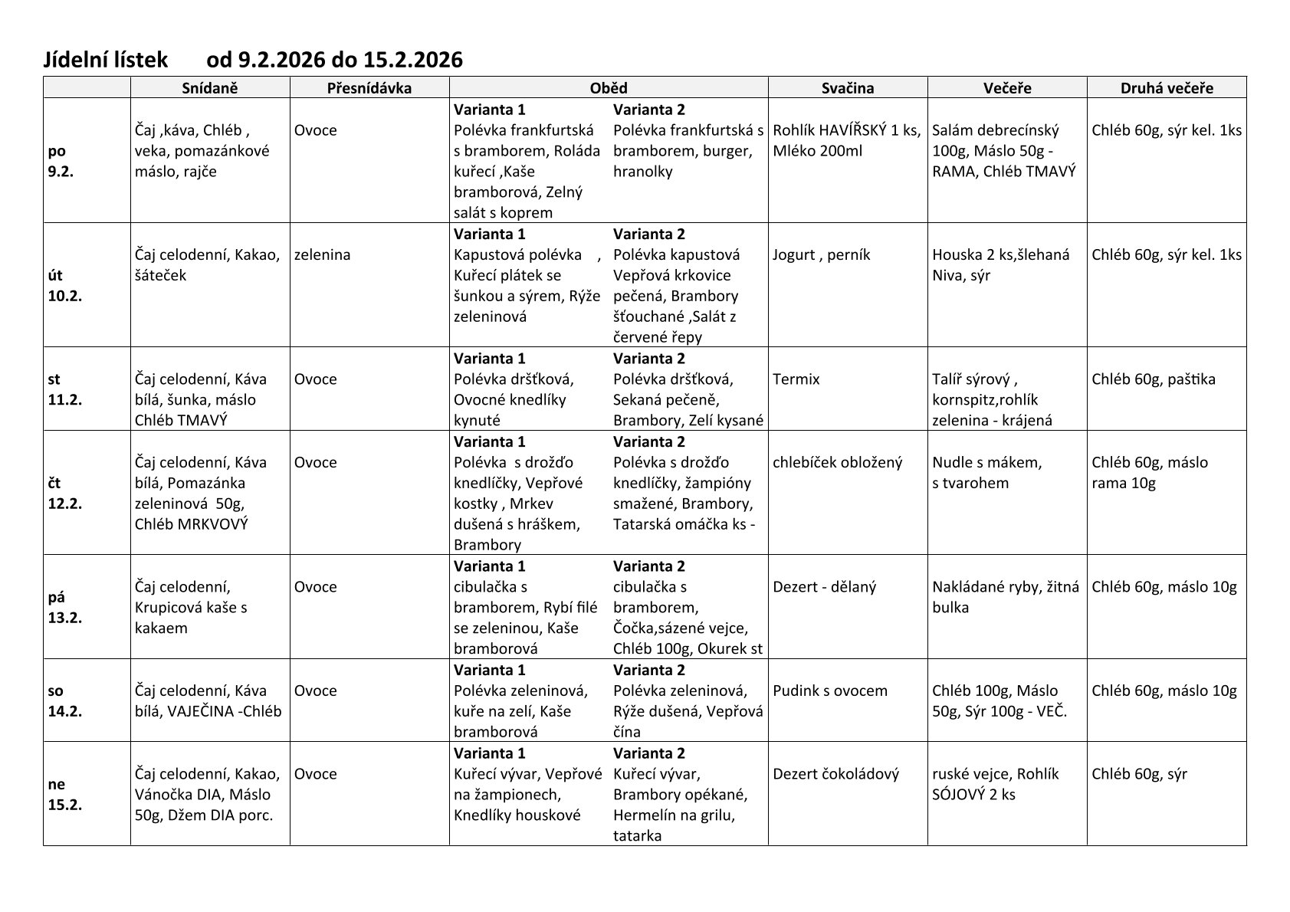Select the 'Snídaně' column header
(210, 88)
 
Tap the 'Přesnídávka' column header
(369, 88)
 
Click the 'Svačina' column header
(847, 88)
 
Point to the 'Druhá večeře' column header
(1166, 88)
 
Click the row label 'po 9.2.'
(61, 161)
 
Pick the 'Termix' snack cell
(796, 379)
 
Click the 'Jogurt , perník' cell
(821, 255)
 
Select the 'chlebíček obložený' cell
(837, 463)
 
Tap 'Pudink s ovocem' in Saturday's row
(829, 691)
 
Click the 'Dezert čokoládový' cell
(835, 774)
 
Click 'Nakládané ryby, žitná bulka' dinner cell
(1005, 597)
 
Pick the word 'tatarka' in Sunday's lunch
(637, 836)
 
